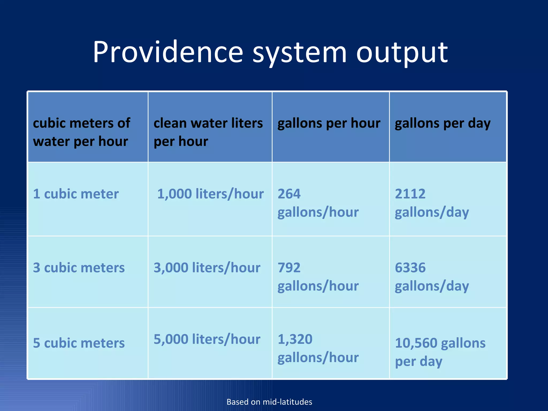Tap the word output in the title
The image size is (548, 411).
click(402, 52)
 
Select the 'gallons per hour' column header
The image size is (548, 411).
click(329, 123)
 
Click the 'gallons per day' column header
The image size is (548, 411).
click(443, 123)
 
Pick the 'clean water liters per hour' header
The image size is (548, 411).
click(208, 132)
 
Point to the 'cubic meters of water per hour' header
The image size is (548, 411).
click(81, 132)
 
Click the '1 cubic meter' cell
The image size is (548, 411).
click(76, 194)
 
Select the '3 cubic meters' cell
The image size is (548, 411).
click(79, 268)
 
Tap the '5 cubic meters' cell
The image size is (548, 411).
click(79, 343)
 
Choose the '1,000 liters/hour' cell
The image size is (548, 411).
click(210, 194)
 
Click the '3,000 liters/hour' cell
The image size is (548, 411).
click(207, 268)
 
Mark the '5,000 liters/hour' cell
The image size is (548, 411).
click(207, 339)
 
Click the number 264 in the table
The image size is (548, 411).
click(289, 194)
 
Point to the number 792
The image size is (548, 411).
click(289, 268)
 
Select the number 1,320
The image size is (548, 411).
click(295, 339)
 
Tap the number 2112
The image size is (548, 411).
click(410, 194)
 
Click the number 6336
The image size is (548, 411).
click(410, 268)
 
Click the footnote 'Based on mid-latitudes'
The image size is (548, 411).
click(269, 402)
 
